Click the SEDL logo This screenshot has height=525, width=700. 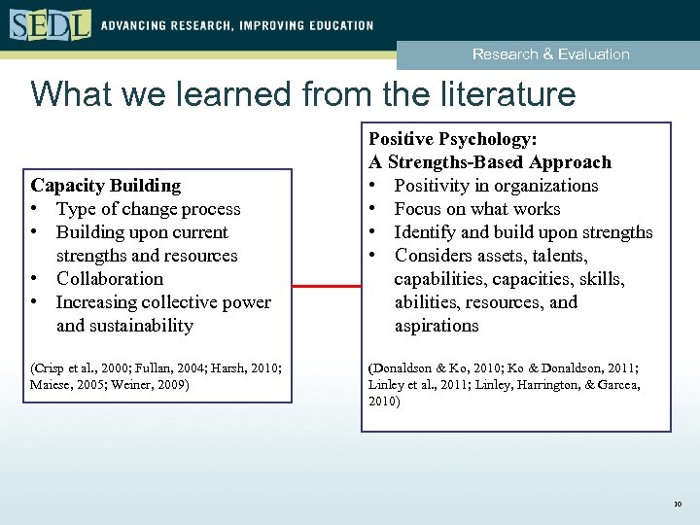tap(50, 24)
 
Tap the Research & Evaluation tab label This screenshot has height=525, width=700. tap(550, 54)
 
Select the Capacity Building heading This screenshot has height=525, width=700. tap(106, 185)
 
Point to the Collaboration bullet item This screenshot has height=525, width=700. tap(109, 279)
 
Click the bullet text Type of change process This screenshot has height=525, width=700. tap(148, 209)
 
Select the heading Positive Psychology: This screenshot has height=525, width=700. tap(452, 139)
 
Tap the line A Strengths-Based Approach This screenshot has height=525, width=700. tap(490, 162)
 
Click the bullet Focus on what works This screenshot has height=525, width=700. tap(476, 209)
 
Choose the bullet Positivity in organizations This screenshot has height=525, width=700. tap(496, 186)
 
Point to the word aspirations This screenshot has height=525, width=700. tap(437, 326)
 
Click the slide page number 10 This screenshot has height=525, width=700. tap(677, 504)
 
